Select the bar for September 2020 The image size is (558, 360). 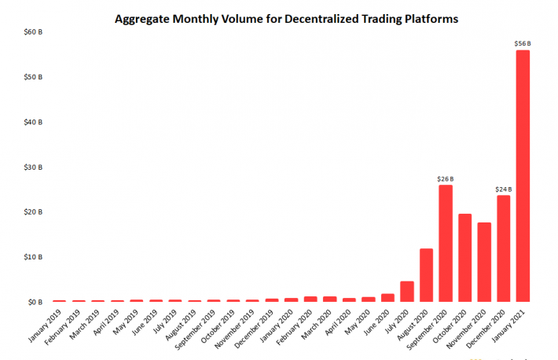pos(445,243)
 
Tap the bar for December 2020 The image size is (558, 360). pos(503,248)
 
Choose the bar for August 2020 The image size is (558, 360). pos(426,274)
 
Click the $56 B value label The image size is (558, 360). pos(523,43)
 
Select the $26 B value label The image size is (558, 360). pos(445,178)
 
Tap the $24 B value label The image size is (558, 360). pos(503,189)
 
